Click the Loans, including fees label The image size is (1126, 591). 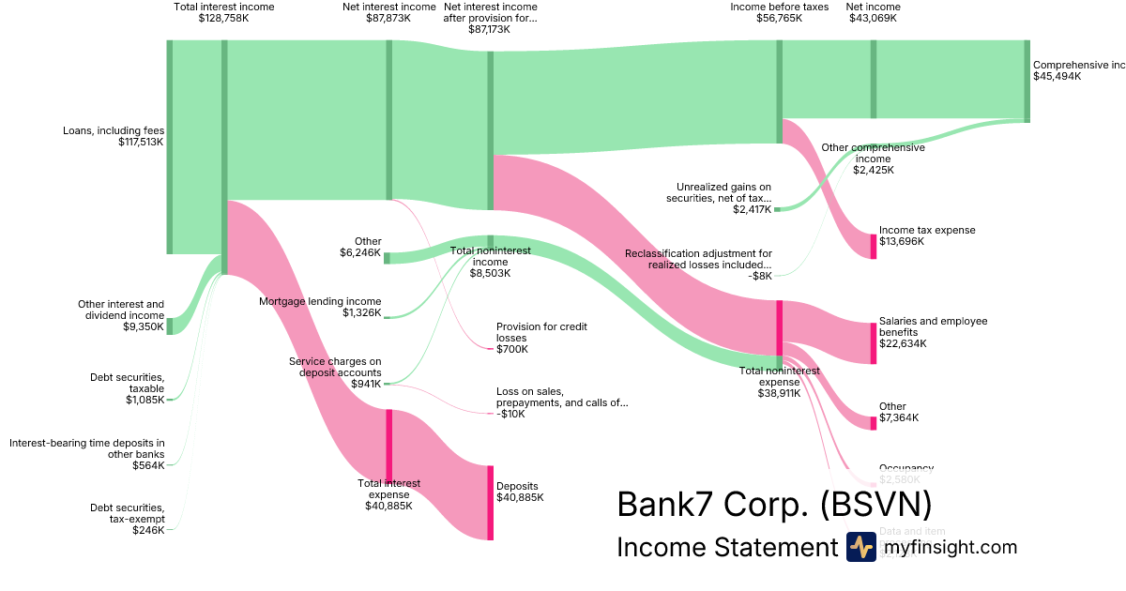[x=113, y=130]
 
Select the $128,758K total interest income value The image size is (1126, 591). [x=223, y=18]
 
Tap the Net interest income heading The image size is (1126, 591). [x=388, y=7]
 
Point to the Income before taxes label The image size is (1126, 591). [x=779, y=7]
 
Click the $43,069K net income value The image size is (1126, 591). [x=873, y=18]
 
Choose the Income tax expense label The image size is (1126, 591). [x=927, y=230]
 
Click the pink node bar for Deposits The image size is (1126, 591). [x=490, y=502]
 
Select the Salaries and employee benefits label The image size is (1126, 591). [x=933, y=326]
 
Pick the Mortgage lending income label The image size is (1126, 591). [x=320, y=301]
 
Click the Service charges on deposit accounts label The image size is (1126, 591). [x=335, y=367]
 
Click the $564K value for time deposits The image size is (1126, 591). [x=148, y=465]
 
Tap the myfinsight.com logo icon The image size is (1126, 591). [x=860, y=547]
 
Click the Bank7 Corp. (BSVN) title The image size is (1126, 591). [x=774, y=504]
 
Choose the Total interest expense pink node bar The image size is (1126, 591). [x=388, y=446]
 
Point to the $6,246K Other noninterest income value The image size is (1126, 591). [x=360, y=252]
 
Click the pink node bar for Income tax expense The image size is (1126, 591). [x=873, y=246]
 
